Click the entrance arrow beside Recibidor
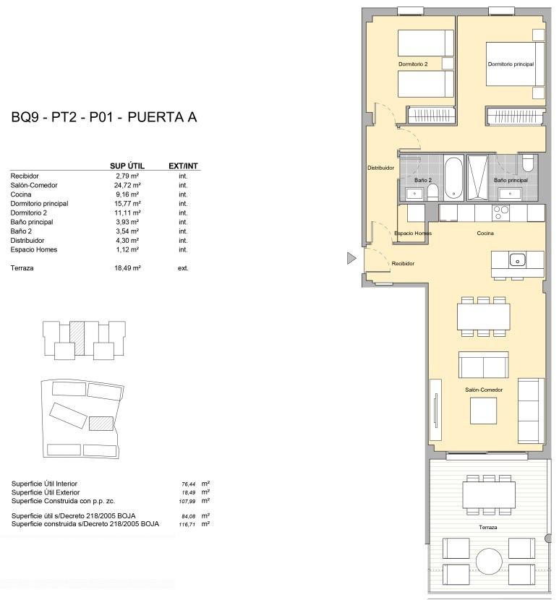click(351, 258)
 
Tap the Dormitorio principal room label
click(511, 64)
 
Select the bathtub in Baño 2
click(453, 178)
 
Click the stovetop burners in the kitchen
click(500, 213)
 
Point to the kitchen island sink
click(517, 260)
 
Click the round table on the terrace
click(489, 562)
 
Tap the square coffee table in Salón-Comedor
click(483, 411)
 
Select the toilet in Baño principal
click(527, 163)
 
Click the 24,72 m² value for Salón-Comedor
click(127, 185)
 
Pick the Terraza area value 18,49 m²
click(127, 268)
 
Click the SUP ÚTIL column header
click(127, 166)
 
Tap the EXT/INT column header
click(183, 166)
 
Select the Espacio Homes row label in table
click(34, 249)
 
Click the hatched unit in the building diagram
click(77, 338)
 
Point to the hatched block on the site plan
click(101, 424)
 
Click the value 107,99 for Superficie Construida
click(187, 501)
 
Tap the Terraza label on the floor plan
click(488, 527)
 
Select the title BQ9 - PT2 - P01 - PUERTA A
click(104, 116)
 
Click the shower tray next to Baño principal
click(478, 178)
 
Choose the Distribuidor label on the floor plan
click(380, 168)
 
